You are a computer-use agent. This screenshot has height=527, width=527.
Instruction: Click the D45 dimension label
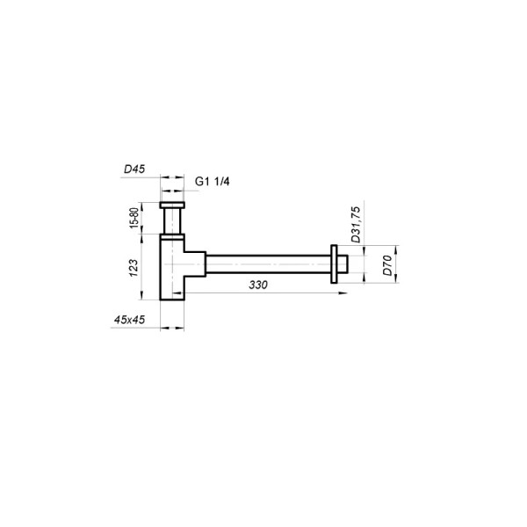pos(134,169)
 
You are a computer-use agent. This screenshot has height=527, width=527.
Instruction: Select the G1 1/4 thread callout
pos(213,182)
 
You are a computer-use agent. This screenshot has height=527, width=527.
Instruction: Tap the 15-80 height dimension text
pos(134,218)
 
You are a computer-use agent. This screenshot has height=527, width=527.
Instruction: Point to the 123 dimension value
pos(134,268)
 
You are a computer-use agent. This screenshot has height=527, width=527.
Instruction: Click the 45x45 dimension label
pos(129,320)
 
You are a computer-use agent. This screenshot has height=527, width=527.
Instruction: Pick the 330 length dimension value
pos(258,285)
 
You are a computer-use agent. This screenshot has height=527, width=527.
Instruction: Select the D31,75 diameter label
pos(355,225)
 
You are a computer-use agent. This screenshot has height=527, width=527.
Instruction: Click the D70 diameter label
pos(387,265)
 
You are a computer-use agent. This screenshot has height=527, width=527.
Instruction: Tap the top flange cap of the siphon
pos(172,205)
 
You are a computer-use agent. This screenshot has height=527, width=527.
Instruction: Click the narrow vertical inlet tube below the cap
pos(172,221)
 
